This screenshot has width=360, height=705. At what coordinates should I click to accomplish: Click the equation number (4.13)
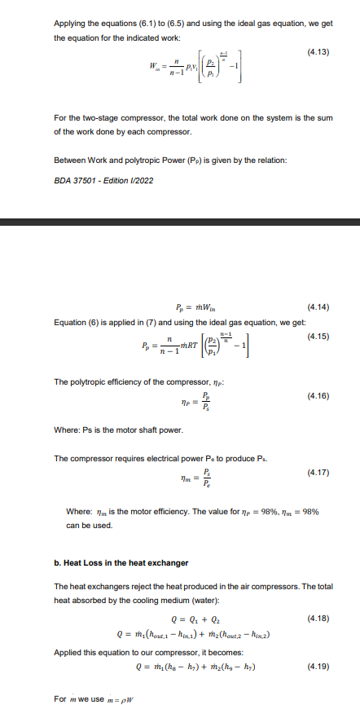coord(318,53)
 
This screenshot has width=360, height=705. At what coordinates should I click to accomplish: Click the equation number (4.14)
coord(318,307)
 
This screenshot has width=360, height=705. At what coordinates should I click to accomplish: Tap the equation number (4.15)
coord(318,336)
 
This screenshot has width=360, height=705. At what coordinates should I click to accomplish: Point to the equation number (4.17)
coord(318,473)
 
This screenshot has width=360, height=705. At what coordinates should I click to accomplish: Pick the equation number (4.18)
coord(318,619)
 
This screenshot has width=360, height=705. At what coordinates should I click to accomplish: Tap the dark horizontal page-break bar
coord(180,222)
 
